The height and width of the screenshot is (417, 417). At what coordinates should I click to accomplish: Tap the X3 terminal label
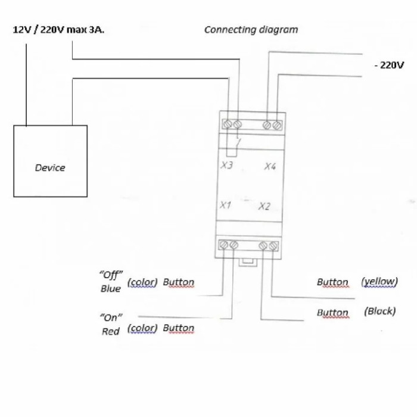(x=226, y=165)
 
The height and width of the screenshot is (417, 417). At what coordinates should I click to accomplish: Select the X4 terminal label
(x=270, y=166)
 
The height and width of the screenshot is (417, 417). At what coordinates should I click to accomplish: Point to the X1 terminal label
(x=226, y=205)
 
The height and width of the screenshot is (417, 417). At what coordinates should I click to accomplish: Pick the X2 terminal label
(x=264, y=206)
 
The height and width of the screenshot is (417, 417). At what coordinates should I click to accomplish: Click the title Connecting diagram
(x=251, y=30)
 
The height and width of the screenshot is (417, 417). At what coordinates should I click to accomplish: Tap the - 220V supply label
(x=390, y=65)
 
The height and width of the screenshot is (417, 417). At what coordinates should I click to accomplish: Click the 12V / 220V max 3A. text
(x=58, y=30)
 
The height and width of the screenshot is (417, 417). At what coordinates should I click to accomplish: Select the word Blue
(x=111, y=288)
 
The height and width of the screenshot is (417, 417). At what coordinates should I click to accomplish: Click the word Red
(x=111, y=331)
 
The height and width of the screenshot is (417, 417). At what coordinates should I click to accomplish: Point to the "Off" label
(x=111, y=274)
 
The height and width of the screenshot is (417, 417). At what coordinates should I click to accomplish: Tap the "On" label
(x=111, y=318)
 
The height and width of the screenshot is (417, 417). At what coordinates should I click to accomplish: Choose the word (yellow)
(x=379, y=282)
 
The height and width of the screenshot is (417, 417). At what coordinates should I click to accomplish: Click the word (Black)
(x=380, y=311)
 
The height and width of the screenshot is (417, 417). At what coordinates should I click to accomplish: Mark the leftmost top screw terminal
(x=228, y=124)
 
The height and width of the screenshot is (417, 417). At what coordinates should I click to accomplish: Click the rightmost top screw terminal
(x=276, y=125)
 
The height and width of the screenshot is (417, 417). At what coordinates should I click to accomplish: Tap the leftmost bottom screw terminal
(x=223, y=244)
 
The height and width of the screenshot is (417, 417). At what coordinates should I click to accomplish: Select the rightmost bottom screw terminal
(x=273, y=245)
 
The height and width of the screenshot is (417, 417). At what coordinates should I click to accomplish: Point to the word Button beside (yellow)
(x=332, y=282)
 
